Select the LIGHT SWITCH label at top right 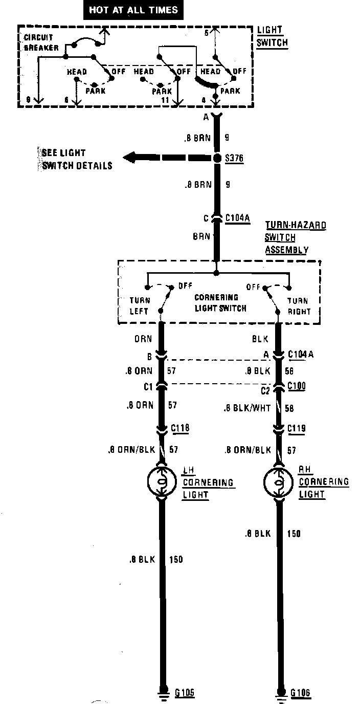pyautogui.click(x=272, y=37)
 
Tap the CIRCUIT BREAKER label pyautogui.click(x=39, y=42)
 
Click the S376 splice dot pyautogui.click(x=217, y=158)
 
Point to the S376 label pyautogui.click(x=235, y=159)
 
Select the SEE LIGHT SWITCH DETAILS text pyautogui.click(x=76, y=159)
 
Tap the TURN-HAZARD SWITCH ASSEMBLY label pyautogui.click(x=295, y=237)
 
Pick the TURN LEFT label pyautogui.click(x=139, y=305)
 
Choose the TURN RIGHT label pyautogui.click(x=298, y=305)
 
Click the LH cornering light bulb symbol pyautogui.click(x=162, y=481)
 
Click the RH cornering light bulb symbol pyautogui.click(x=279, y=481)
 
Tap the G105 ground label pyautogui.click(x=185, y=693)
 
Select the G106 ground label pyautogui.click(x=301, y=693)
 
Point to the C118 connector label pyautogui.click(x=181, y=428)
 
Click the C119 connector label pyautogui.click(x=297, y=428)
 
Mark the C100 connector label pyautogui.click(x=297, y=385)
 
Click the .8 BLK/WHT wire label pyautogui.click(x=247, y=409)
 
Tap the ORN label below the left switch pyautogui.click(x=143, y=339)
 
